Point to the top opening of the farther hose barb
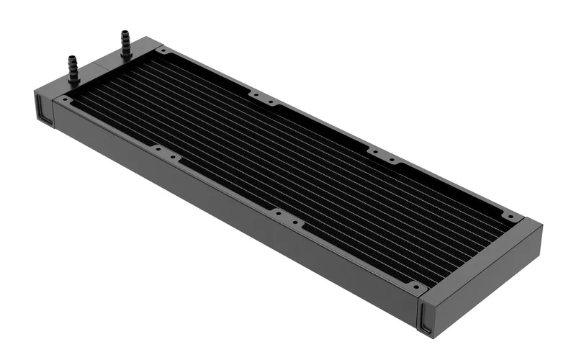(x=125, y=32)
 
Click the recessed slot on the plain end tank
(x=426, y=318)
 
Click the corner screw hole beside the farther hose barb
(x=164, y=52)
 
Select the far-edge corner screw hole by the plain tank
(x=511, y=216)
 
